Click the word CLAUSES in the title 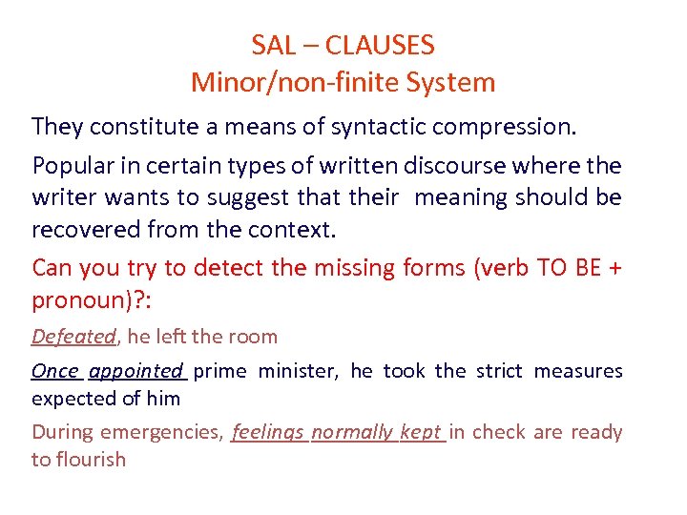tap(380, 45)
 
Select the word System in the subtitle tap(449, 82)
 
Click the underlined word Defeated tap(73, 337)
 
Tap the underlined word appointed tap(135, 371)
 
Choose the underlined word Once tap(55, 371)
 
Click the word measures tap(578, 371)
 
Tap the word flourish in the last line tap(91, 460)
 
